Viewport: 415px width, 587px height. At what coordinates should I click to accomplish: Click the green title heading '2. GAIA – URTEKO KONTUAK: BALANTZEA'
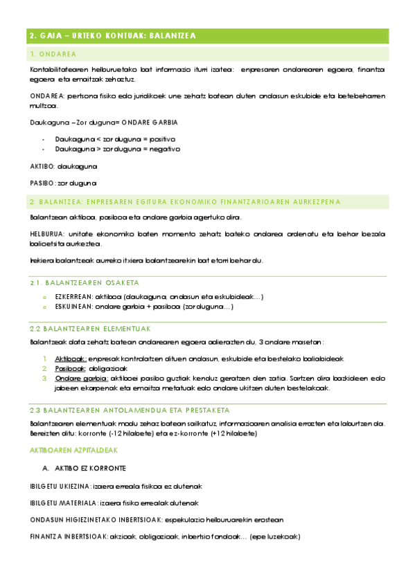point(113,36)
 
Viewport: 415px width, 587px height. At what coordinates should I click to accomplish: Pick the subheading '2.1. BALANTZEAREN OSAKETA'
point(85,283)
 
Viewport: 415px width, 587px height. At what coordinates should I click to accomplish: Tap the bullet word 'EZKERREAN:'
point(73,296)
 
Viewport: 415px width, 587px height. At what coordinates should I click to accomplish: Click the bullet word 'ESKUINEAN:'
point(73,306)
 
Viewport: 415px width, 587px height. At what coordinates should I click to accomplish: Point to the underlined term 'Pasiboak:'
point(71,369)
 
